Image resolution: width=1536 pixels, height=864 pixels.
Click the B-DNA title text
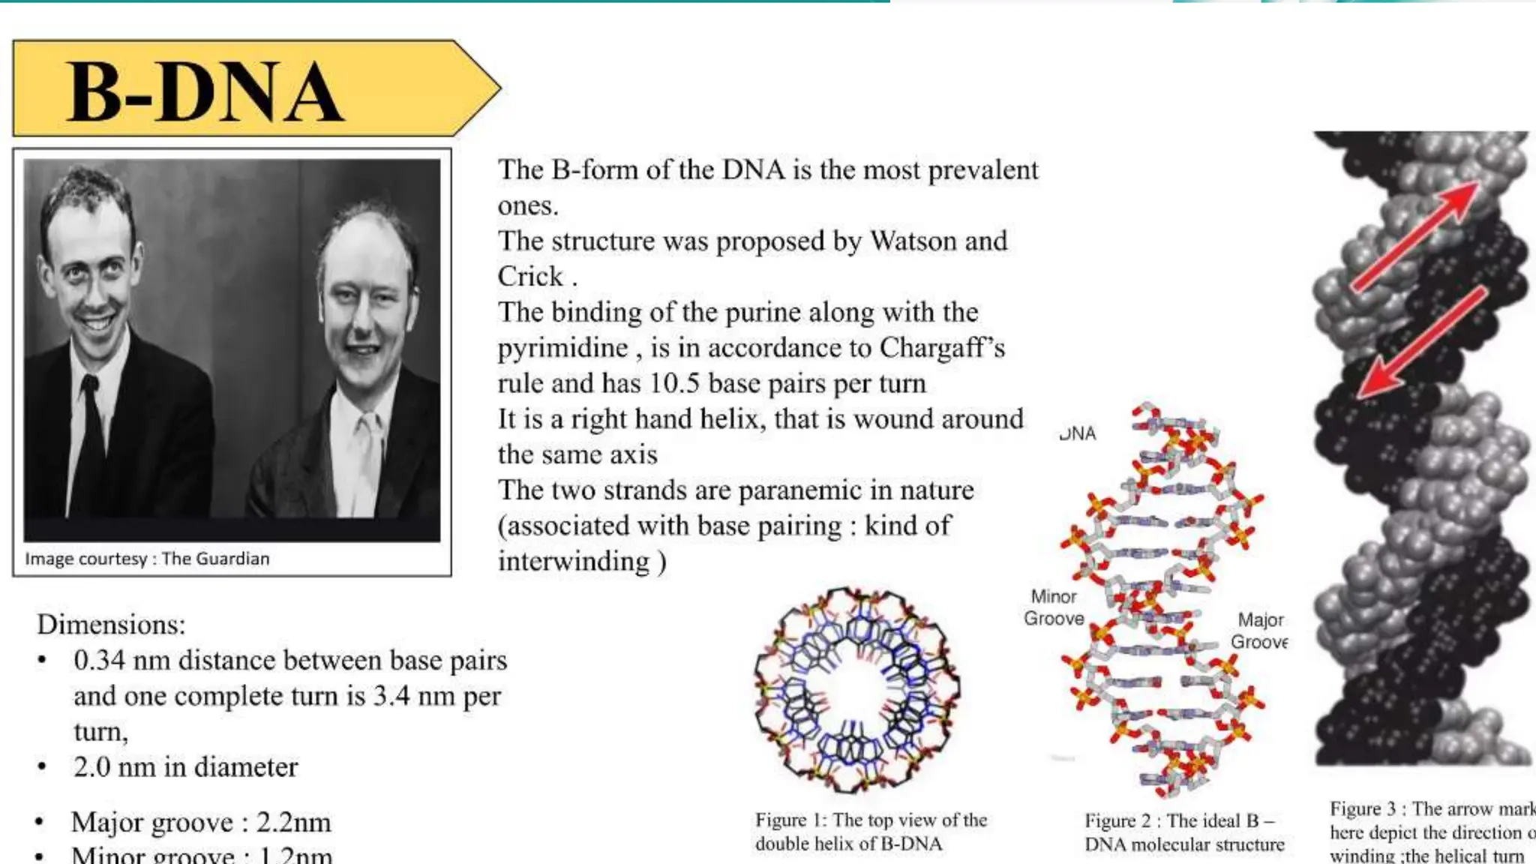tap(205, 92)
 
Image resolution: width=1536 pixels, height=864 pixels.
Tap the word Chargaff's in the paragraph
tap(941, 348)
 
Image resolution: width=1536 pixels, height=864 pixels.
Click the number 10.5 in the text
tap(673, 383)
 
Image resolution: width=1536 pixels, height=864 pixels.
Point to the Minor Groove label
tap(1054, 607)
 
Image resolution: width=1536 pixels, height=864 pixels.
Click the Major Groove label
tap(1259, 631)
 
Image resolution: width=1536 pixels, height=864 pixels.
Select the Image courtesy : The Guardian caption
tap(147, 559)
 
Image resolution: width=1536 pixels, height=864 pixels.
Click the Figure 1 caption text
tap(870, 832)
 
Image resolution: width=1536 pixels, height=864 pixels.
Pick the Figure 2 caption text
tap(1183, 832)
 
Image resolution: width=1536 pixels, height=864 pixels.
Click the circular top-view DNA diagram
tap(857, 690)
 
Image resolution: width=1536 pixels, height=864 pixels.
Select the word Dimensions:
tap(111, 625)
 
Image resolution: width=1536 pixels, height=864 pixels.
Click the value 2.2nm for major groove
tap(293, 823)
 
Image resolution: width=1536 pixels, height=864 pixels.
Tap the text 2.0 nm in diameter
tap(185, 767)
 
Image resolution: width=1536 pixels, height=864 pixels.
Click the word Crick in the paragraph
tap(529, 277)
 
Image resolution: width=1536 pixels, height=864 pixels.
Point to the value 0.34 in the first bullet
tap(99, 661)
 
